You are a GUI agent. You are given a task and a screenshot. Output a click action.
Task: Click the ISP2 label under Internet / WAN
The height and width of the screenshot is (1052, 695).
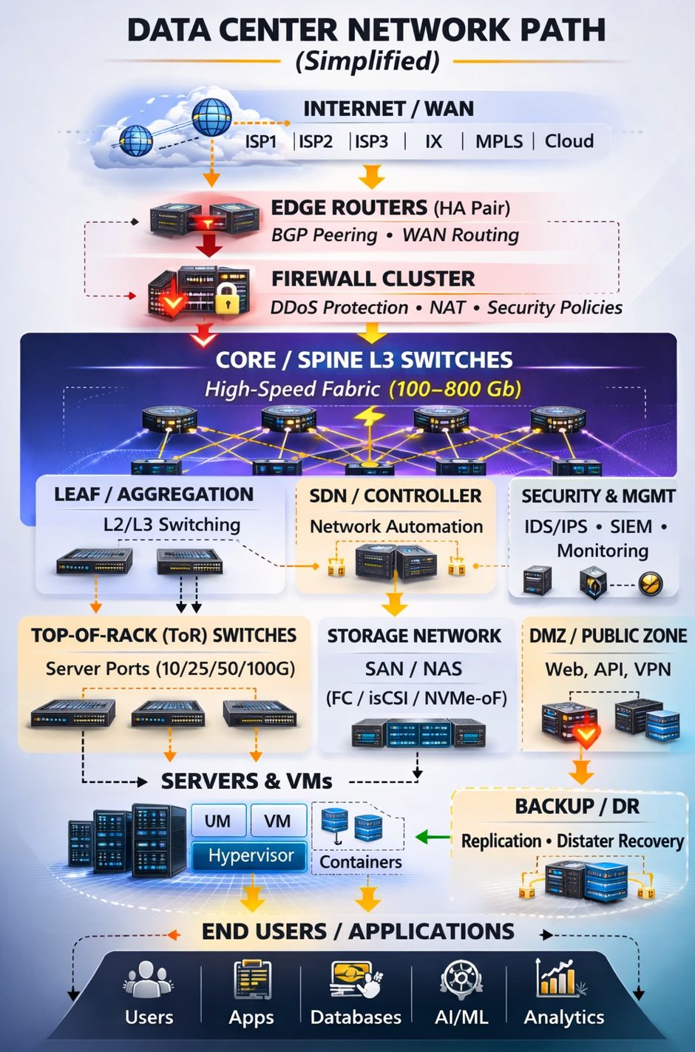(x=316, y=141)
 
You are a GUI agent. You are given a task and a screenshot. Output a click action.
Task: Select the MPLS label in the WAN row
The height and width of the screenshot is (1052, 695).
(x=499, y=141)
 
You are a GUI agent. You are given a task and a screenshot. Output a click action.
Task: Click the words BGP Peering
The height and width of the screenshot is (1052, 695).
(x=325, y=235)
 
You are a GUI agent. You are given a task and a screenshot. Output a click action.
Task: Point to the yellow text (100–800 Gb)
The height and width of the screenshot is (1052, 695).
(x=455, y=389)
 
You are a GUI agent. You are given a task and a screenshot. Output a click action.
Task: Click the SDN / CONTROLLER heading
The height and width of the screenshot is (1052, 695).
(x=396, y=495)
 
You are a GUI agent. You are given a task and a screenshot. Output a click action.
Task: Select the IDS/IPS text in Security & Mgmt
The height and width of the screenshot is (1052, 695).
(x=555, y=526)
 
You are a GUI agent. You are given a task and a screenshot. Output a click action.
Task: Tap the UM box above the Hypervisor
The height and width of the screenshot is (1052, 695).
(x=217, y=821)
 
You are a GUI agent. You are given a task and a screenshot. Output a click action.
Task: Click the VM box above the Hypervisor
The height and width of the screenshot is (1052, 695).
(x=277, y=821)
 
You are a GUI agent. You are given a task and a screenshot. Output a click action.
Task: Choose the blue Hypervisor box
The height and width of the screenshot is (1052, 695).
(x=250, y=855)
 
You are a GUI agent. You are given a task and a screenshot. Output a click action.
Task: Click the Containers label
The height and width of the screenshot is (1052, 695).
(x=360, y=862)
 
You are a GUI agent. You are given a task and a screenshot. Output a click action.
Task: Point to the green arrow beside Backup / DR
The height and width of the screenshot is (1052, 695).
(x=433, y=837)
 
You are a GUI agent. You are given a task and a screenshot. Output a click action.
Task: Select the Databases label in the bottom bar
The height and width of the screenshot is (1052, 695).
(x=356, y=1017)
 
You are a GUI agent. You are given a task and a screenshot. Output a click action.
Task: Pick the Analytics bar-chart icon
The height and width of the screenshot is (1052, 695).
(x=557, y=977)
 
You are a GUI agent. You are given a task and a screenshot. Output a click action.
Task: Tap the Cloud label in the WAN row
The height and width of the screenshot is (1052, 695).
(x=569, y=141)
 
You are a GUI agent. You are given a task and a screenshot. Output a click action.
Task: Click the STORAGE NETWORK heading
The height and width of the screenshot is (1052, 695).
(x=414, y=636)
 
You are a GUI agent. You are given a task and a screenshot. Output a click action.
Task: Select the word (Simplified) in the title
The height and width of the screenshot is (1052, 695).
(x=367, y=61)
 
